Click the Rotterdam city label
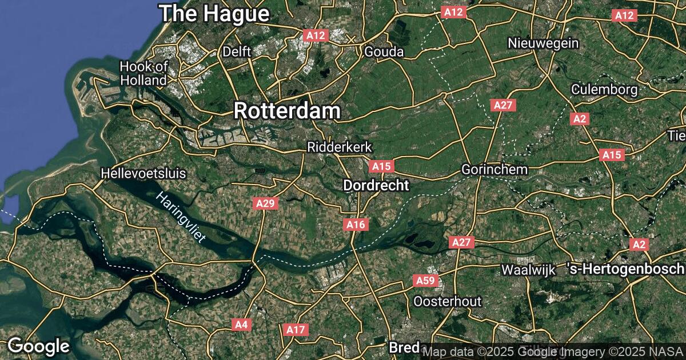click(287, 111)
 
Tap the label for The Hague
click(214, 13)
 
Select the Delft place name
click(237, 51)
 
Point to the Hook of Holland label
click(144, 74)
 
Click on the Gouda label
click(384, 52)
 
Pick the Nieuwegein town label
click(544, 43)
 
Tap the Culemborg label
click(604, 90)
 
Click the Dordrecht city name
click(376, 185)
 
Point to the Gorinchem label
click(494, 170)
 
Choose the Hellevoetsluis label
click(143, 173)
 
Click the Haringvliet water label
click(181, 218)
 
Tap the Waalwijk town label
click(528, 270)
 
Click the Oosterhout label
click(447, 301)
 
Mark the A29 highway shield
click(266, 203)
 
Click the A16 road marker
click(356, 225)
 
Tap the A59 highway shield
click(425, 281)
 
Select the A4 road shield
click(242, 325)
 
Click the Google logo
click(38, 346)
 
